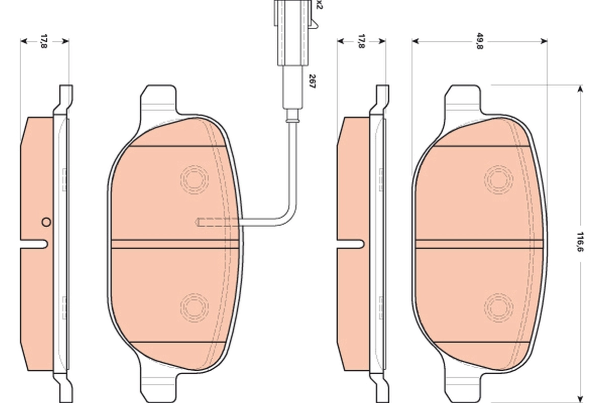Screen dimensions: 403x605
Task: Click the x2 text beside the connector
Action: click(319, 5)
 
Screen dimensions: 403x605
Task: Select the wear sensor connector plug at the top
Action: click(291, 30)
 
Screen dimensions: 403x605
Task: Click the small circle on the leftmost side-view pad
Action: click(46, 221)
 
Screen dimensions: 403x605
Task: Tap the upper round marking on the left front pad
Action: click(195, 179)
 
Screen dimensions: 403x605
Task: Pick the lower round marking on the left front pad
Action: click(195, 306)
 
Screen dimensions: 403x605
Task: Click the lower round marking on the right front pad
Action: click(499, 306)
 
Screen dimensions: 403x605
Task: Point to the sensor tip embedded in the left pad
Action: click(207, 222)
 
